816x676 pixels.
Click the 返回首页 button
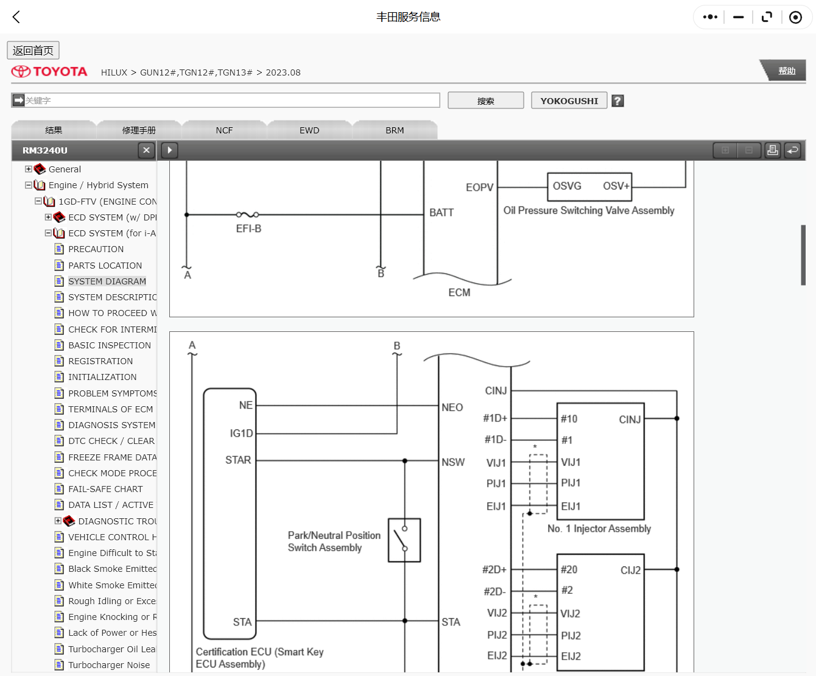[33, 51]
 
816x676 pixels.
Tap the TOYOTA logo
[49, 72]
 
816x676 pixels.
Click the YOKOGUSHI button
[569, 100]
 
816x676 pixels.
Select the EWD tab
[309, 130]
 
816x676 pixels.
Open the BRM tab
[395, 130]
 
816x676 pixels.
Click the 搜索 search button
[485, 100]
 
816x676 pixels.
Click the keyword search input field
[231, 100]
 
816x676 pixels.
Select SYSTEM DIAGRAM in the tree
[107, 281]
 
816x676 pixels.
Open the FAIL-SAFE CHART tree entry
[105, 489]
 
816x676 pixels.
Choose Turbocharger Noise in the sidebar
[109, 665]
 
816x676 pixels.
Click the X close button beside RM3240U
[146, 150]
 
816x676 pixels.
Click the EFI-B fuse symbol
[248, 215]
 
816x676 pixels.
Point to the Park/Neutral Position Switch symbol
[404, 540]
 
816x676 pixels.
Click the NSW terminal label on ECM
[453, 462]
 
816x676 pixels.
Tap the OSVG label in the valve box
[567, 186]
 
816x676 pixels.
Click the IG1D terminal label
[241, 433]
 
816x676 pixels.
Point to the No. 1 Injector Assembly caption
[599, 529]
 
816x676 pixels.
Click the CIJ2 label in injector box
[630, 570]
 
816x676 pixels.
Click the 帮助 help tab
[786, 71]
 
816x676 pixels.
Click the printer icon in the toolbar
[772, 150]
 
